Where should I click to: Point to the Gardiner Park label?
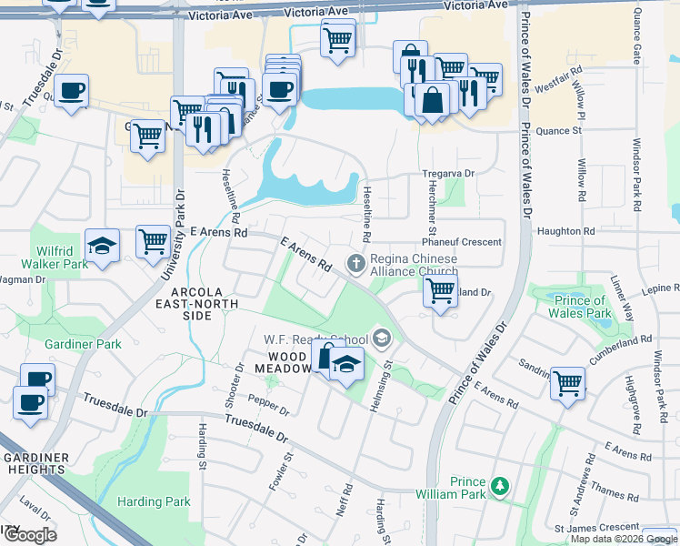click(x=83, y=345)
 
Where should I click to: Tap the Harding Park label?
click(x=154, y=501)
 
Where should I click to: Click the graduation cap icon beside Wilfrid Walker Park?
click(x=102, y=245)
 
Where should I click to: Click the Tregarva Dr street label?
click(x=448, y=173)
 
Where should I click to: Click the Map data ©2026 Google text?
click(x=624, y=539)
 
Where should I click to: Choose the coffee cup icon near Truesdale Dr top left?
click(x=71, y=91)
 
